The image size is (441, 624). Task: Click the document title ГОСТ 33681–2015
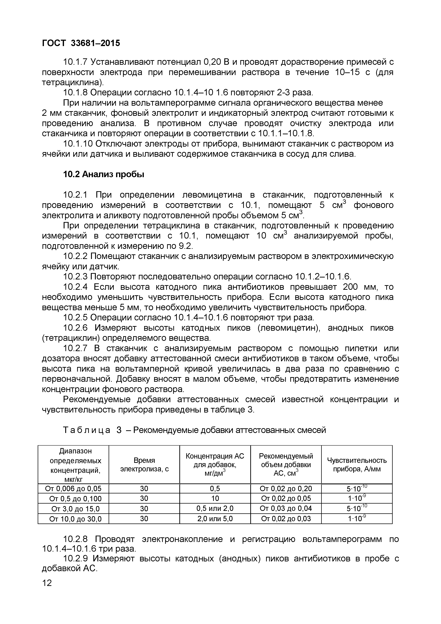81,43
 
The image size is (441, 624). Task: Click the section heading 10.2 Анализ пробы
103,174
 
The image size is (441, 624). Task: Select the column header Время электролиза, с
144,464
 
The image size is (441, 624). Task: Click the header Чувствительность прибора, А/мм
357,464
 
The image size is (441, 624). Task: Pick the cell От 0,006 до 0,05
73,489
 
